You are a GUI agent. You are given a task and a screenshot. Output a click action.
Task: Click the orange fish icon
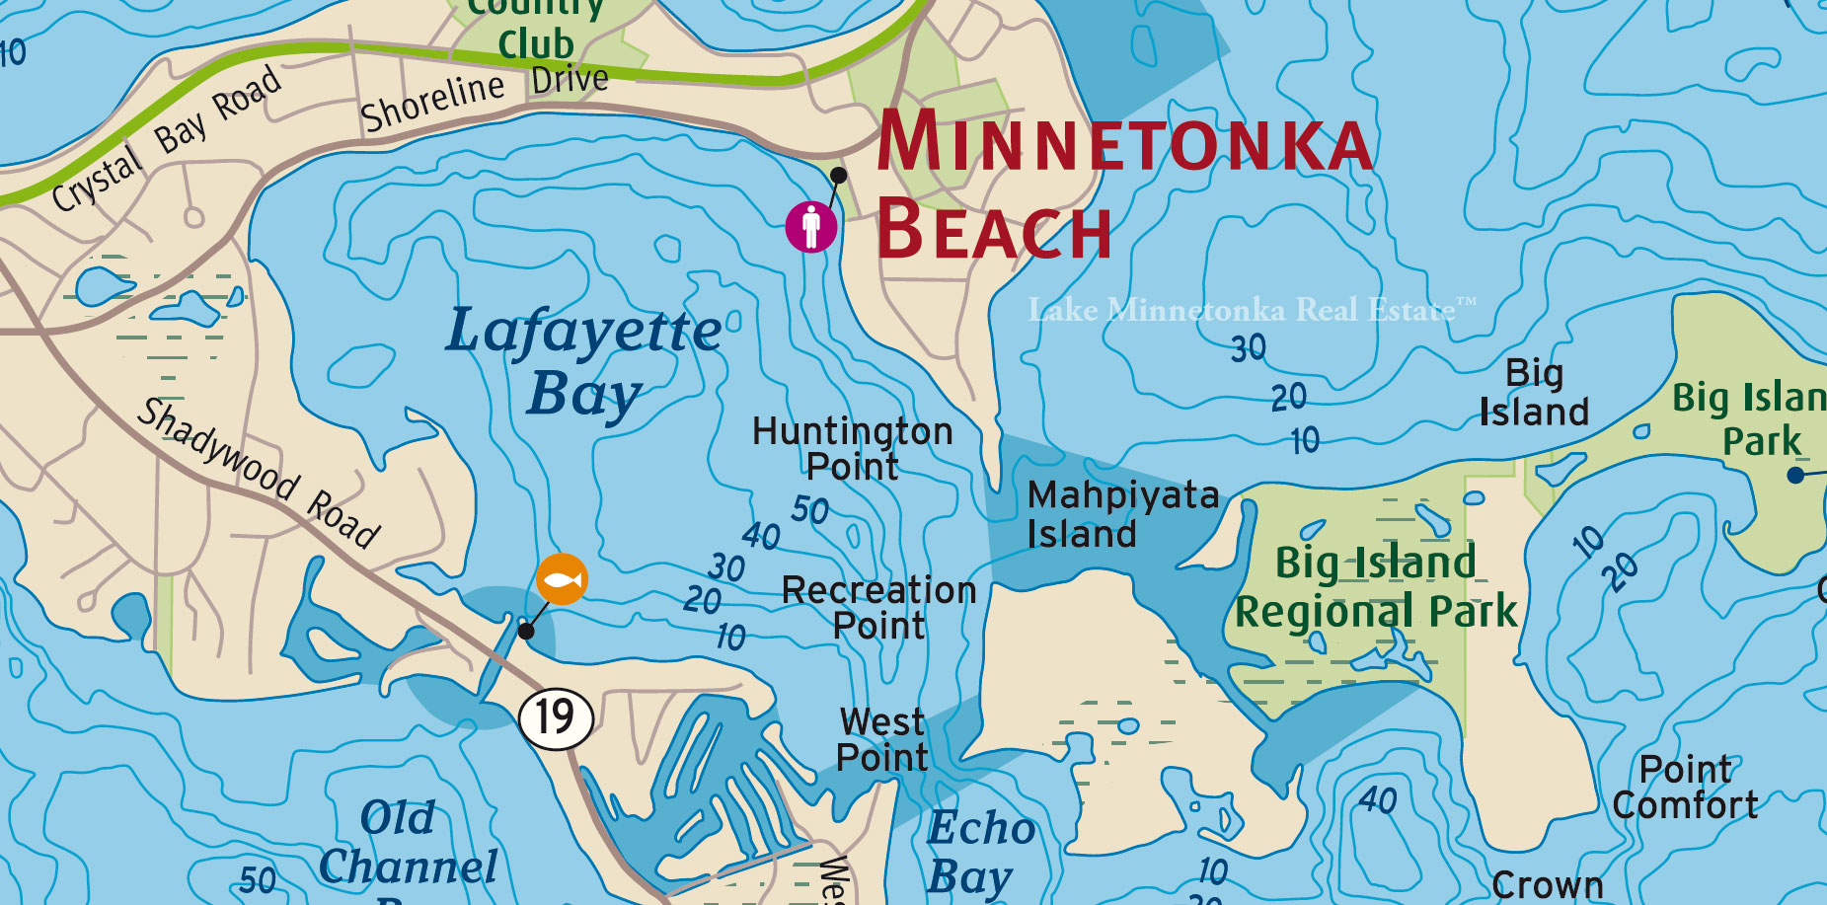tap(562, 579)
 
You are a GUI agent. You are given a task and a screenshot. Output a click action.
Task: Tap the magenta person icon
tap(811, 226)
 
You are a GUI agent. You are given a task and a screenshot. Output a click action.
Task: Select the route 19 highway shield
tap(557, 716)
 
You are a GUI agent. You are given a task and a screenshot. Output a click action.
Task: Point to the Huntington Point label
tap(853, 448)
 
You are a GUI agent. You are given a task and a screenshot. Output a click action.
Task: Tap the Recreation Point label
tap(878, 607)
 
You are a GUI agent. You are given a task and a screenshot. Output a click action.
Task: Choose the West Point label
tap(882, 739)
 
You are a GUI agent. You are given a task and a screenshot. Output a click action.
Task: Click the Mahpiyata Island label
tap(1122, 514)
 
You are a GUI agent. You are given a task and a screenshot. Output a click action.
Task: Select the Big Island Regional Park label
tap(1376, 587)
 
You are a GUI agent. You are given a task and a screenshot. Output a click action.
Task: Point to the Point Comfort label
tap(1685, 787)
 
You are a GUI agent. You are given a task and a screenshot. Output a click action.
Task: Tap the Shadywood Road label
tap(259, 473)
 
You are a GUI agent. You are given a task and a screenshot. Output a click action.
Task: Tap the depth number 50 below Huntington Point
tap(809, 510)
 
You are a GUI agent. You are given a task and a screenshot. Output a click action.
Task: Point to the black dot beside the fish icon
tap(526, 631)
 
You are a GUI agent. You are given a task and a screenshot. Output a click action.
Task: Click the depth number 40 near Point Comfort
tap(1378, 799)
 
